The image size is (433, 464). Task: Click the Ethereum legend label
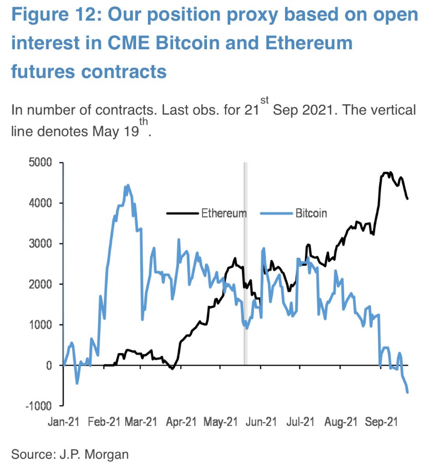223,212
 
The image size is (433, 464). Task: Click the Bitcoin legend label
311,212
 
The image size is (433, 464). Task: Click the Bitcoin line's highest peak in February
127,185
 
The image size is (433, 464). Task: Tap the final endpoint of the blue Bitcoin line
407,393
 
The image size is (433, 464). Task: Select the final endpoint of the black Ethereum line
407,199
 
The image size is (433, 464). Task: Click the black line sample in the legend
183,212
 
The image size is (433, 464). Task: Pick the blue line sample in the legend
276,212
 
